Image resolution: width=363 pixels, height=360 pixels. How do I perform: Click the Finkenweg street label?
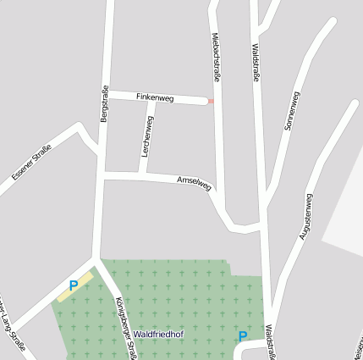pyautogui.click(x=154, y=98)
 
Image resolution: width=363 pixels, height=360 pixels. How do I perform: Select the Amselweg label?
pyautogui.click(x=194, y=183)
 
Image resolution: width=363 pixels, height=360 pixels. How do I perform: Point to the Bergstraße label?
pyautogui.click(x=105, y=105)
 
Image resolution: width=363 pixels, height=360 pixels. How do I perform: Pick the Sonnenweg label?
pyautogui.click(x=293, y=111)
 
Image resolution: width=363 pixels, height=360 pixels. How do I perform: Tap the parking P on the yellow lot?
pyautogui.click(x=74, y=285)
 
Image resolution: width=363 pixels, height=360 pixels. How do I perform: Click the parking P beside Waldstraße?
pyautogui.click(x=243, y=336)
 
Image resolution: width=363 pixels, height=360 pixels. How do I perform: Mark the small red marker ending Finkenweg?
pyautogui.click(x=211, y=102)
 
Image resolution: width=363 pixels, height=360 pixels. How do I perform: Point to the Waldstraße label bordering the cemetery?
pyautogui.click(x=270, y=342)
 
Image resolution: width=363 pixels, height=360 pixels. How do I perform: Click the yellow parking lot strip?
pyautogui.click(x=75, y=285)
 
